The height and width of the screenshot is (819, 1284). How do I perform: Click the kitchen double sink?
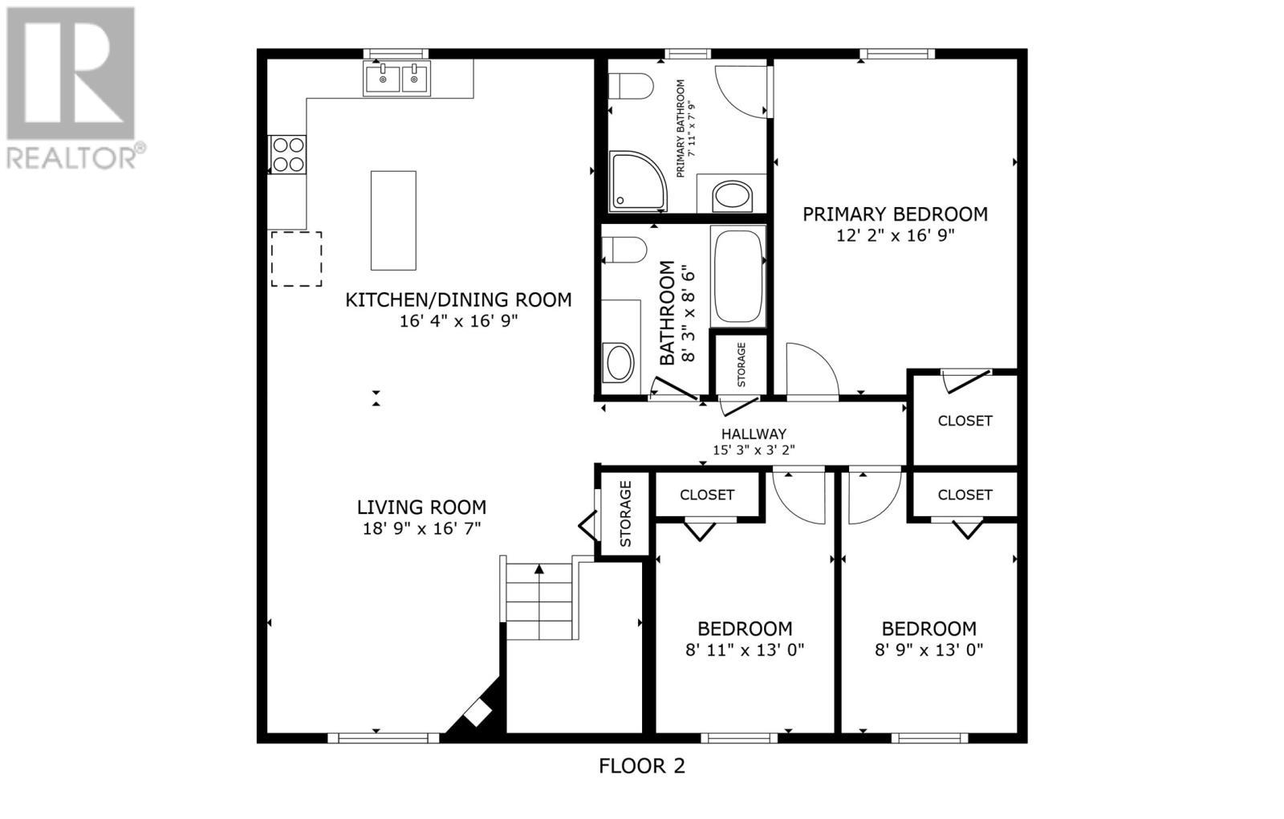pos(396,79)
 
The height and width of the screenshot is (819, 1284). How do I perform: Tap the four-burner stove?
pos(288,154)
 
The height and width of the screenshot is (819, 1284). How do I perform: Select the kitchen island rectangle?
pos(393,220)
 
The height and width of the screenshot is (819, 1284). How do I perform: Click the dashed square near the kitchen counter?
pos(296,259)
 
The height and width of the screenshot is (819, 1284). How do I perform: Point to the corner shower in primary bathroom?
pos(634,181)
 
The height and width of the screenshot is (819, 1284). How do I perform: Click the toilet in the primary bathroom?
pos(631,86)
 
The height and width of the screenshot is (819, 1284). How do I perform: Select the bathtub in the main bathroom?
pos(738,275)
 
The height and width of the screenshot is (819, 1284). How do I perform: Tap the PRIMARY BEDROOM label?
pos(895,214)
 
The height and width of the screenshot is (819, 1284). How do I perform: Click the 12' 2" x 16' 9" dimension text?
pos(895,235)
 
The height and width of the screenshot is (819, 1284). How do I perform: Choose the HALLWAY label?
pos(754,434)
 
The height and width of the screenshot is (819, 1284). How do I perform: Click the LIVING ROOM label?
pos(421,507)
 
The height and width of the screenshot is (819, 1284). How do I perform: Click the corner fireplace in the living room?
pos(476,713)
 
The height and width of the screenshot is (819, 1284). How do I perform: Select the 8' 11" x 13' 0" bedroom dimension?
pos(744,650)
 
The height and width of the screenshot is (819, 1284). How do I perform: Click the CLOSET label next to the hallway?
pos(965,421)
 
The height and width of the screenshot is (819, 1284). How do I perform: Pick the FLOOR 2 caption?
pos(642,766)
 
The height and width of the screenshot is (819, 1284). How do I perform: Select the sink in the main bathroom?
pos(619,362)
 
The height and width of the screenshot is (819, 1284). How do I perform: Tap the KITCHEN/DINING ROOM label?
pos(458,300)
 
